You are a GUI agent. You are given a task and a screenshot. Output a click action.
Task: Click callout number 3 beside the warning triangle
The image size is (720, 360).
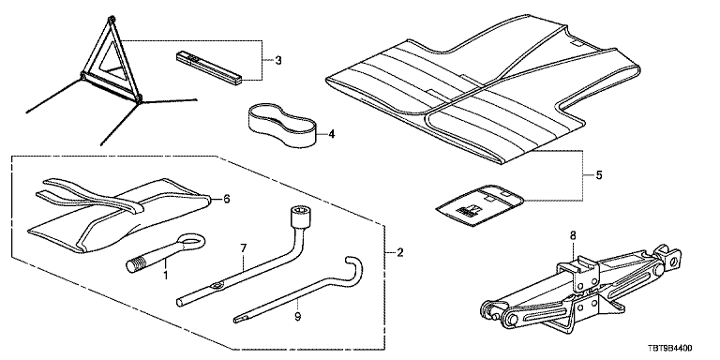point(278,60)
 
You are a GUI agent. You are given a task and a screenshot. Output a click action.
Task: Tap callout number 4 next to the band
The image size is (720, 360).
point(332,135)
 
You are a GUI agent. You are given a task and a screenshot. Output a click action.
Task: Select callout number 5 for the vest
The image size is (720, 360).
point(598,175)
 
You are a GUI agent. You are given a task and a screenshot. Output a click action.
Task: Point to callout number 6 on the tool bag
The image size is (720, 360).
point(226,199)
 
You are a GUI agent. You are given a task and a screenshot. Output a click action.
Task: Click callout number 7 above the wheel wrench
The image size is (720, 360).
point(244,248)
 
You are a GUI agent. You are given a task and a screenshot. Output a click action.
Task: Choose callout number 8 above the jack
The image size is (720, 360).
point(573,236)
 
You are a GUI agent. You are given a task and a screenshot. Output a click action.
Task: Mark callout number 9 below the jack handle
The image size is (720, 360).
point(297,316)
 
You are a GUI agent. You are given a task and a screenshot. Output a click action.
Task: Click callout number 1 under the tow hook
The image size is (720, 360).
point(165,276)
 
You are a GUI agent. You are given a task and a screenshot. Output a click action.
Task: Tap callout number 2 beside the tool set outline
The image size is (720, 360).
point(400,252)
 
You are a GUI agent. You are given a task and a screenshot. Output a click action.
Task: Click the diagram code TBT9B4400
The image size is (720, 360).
point(670,349)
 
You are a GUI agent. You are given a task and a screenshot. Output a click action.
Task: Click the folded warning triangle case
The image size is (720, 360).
point(209,67)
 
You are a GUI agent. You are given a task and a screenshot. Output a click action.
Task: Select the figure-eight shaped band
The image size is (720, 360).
point(283,124)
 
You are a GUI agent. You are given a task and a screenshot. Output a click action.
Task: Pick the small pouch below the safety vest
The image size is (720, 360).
point(479,205)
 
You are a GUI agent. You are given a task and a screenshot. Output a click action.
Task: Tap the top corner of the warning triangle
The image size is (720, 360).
point(112,19)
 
